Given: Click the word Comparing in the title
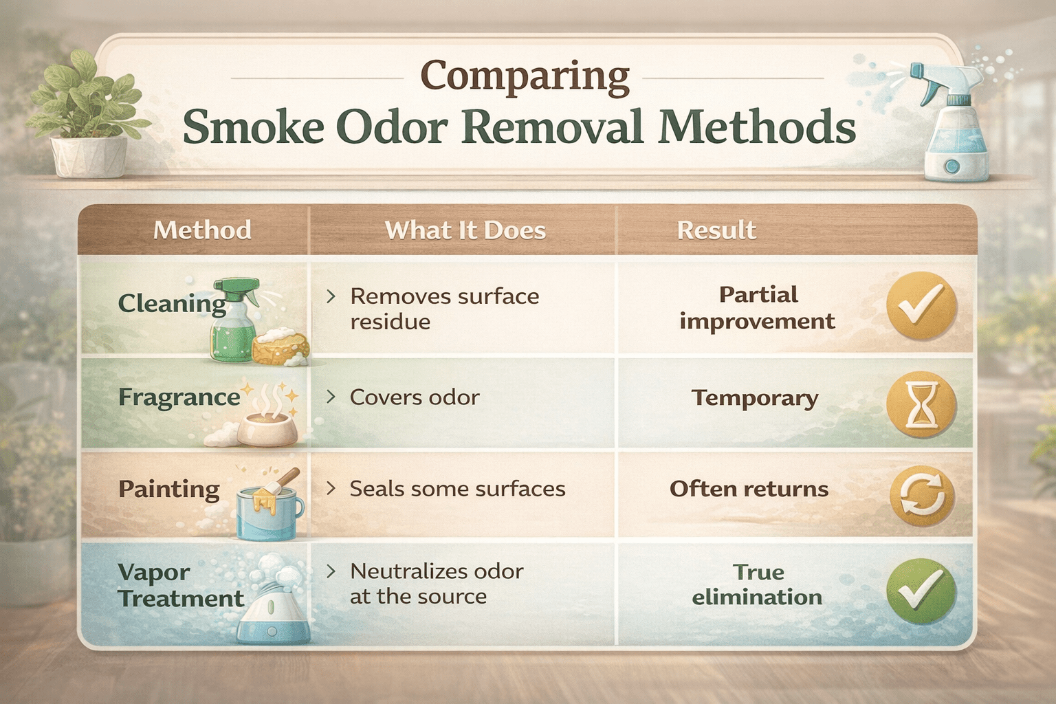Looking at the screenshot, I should [x=525, y=77].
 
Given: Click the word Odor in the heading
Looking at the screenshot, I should [x=391, y=127].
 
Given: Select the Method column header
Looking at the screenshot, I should [x=202, y=230].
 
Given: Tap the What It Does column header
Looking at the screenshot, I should [x=465, y=230].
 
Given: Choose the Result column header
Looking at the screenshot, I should [x=716, y=230].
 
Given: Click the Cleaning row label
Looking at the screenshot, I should [x=172, y=303].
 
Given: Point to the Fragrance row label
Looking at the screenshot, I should [x=179, y=397].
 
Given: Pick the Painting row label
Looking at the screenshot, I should [x=169, y=489].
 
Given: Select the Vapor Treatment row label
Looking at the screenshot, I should [x=180, y=585].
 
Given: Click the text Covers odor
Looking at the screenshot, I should [x=414, y=397].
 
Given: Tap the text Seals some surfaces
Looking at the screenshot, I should [x=457, y=489].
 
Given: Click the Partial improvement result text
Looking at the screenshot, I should [x=757, y=308].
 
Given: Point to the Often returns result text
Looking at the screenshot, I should [x=749, y=489].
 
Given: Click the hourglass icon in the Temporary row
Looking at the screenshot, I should [x=921, y=405].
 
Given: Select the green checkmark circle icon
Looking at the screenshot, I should [x=921, y=592].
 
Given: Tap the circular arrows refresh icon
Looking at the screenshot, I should [x=922, y=498].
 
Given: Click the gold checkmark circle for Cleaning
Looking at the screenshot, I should [x=921, y=306].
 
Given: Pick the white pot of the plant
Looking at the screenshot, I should [x=89, y=157].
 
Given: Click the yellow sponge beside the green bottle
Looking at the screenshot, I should [x=280, y=349].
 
